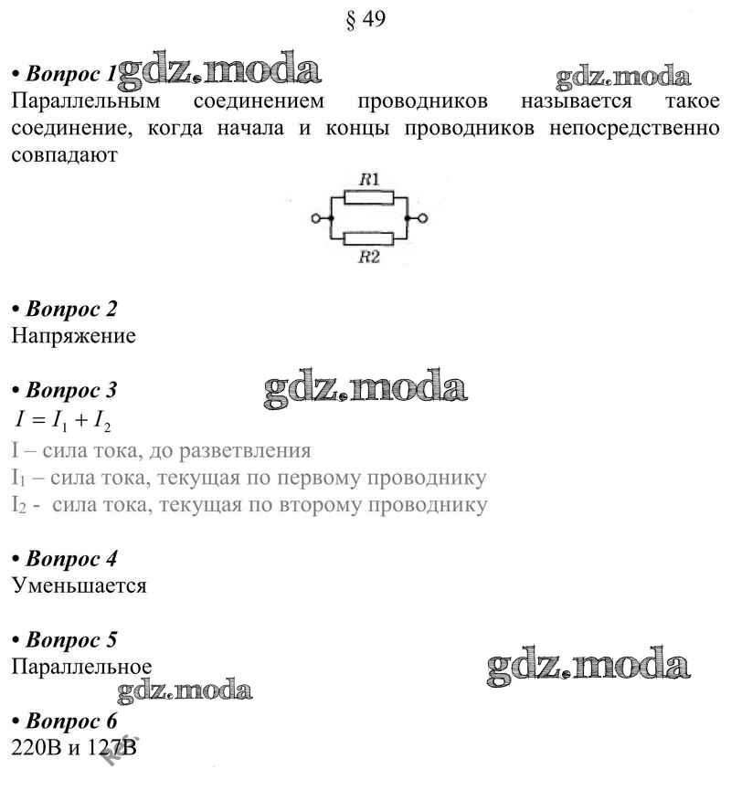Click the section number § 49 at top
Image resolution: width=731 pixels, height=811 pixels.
366,20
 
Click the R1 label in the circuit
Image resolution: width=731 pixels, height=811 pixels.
369,180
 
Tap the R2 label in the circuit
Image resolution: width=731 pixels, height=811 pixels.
369,258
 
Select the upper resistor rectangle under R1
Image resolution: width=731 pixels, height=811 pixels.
368,197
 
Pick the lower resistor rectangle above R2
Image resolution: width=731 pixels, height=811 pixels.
368,239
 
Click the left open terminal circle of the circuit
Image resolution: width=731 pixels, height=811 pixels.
317,219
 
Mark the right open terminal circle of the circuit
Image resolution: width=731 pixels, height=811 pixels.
421,219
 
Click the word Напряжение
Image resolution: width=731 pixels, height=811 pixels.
74,336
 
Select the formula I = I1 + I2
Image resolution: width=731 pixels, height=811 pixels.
63,421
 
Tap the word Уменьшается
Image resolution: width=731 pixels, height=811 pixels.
79,585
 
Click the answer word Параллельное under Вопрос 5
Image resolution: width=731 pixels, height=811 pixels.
82,667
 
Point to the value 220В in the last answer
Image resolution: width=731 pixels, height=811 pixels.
36,748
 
